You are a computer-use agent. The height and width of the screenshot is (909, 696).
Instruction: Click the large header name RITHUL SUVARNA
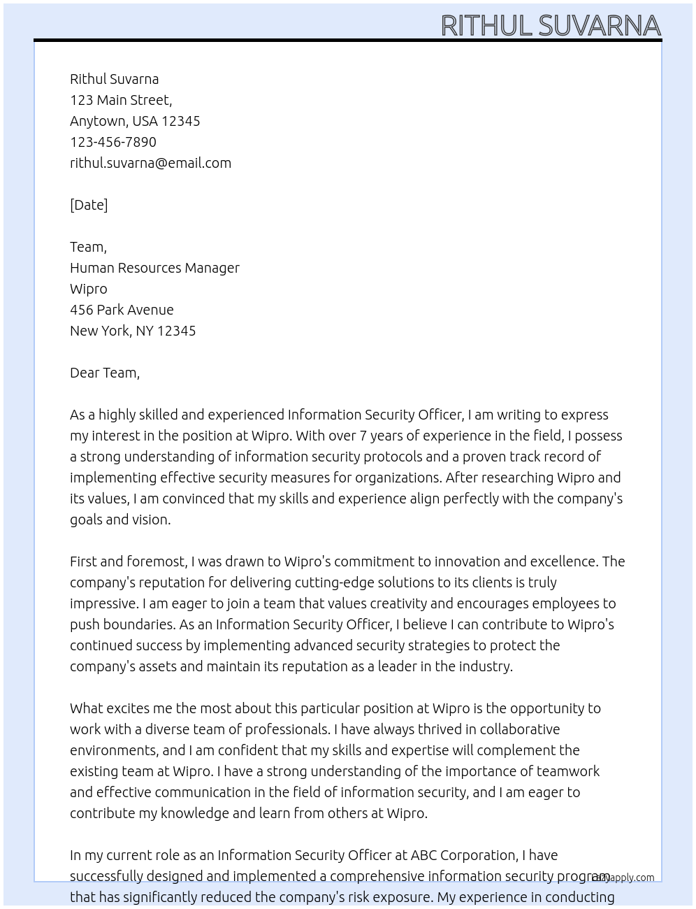pos(551,25)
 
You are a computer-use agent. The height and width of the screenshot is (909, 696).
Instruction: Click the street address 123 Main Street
pos(120,100)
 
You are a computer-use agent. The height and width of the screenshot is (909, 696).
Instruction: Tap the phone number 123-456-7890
pos(113,142)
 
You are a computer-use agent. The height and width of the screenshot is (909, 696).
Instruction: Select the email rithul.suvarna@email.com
pos(150,163)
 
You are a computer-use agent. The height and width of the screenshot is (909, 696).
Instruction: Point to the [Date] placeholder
pos(89,205)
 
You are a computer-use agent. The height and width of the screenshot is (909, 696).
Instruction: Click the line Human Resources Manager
pos(154,268)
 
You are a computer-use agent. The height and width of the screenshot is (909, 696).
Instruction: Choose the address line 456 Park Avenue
pos(122,310)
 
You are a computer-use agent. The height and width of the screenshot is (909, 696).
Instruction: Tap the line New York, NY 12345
pos(133,331)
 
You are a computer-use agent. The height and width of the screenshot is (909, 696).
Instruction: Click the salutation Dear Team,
pos(105,373)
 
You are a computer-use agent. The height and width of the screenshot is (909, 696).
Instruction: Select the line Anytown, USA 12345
pos(135,121)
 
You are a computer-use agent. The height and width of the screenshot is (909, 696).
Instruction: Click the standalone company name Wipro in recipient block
pos(89,289)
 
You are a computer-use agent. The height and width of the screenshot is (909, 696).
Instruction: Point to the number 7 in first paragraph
pos(363,436)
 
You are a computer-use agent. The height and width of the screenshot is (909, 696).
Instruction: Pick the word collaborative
pos(520,729)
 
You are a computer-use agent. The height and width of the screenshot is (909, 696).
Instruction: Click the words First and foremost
pos(128,561)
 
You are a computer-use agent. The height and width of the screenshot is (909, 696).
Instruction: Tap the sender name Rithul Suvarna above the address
pos(114,79)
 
